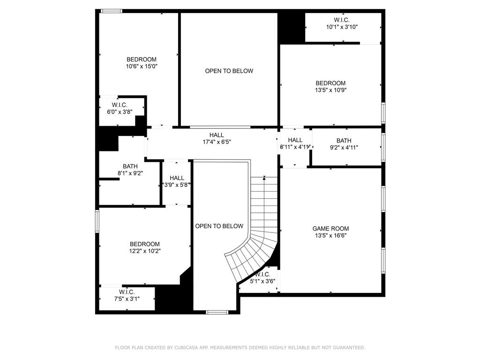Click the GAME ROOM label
[330, 229]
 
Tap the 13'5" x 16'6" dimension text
[330, 236]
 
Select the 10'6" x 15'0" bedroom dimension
[141, 67]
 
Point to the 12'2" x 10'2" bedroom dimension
[144, 251]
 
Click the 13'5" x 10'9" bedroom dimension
[330, 90]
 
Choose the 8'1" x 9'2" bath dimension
[130, 173]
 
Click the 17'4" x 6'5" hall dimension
[217, 142]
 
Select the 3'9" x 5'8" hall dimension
[177, 185]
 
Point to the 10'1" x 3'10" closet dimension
[342, 27]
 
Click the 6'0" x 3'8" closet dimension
[119, 112]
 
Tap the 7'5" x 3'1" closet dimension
[127, 299]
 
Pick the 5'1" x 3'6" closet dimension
[262, 281]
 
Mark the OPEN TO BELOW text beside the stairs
[219, 226]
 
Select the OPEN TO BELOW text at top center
[229, 71]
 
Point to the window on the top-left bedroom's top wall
[112, 11]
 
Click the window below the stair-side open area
[217, 312]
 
